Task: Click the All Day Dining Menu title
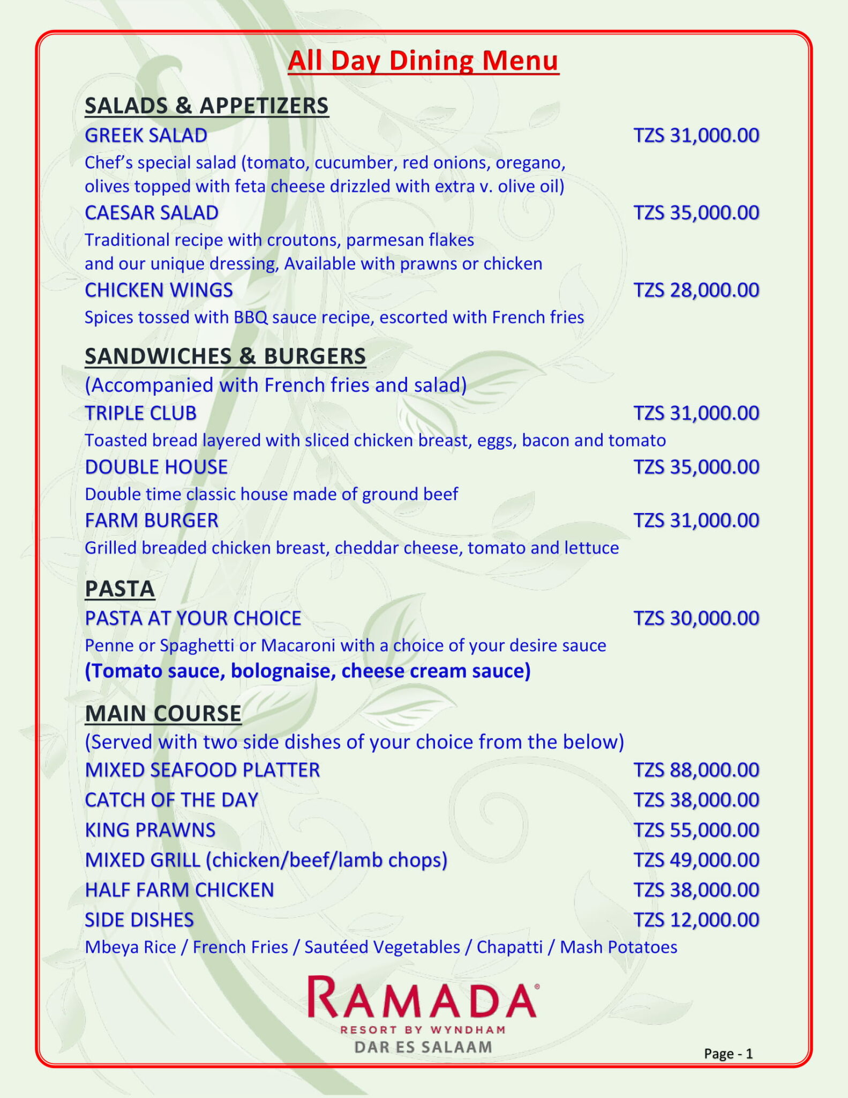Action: coord(423,61)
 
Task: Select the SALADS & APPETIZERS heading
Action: coord(206,106)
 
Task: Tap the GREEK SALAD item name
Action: coord(146,136)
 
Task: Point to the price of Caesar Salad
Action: coord(696,213)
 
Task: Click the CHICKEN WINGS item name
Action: coord(159,290)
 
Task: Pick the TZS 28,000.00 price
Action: coord(696,290)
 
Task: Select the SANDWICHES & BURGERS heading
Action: coord(225,357)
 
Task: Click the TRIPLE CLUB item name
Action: coord(140,413)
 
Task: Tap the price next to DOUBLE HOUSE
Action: coord(696,467)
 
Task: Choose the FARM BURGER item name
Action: coord(152,521)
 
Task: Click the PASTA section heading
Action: coord(119,589)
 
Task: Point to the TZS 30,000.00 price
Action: coord(696,618)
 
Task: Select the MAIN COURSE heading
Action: coord(163,714)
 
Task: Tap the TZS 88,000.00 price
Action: coord(696,770)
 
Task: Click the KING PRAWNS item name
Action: coord(150,830)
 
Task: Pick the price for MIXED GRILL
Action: coord(696,860)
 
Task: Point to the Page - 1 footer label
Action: coord(728,1054)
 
